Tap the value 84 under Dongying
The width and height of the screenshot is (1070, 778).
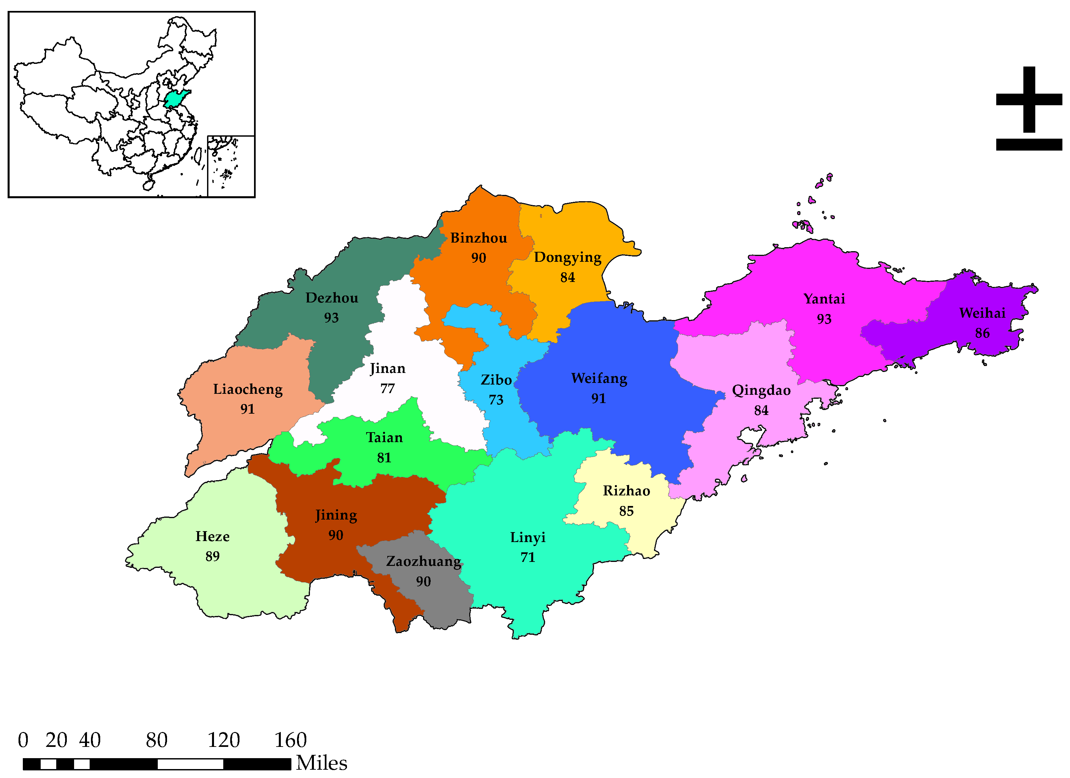568,278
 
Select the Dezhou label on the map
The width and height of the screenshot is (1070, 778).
332,298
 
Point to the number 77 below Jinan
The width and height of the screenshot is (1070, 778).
387,389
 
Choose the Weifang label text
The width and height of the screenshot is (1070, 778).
599,379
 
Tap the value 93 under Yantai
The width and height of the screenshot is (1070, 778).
824,319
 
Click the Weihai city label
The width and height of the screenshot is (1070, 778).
982,313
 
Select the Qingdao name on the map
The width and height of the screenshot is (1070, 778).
761,390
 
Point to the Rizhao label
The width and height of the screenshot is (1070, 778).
626,491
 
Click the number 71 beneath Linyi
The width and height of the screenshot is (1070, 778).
528,558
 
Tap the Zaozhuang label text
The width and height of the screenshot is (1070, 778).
423,561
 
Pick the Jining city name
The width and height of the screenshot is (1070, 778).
336,515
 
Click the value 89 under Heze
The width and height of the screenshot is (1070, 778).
212,557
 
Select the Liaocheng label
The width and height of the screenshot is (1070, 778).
248,389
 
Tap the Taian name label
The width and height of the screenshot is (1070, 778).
384,437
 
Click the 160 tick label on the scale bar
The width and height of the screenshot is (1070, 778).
291,740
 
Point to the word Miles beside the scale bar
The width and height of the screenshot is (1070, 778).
322,763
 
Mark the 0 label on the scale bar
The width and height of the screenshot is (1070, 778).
23,740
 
